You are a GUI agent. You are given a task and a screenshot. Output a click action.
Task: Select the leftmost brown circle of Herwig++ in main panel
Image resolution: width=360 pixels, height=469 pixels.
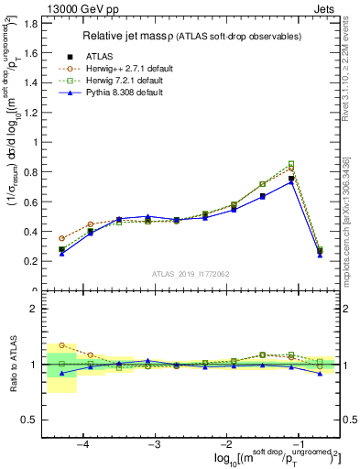click(x=61, y=238)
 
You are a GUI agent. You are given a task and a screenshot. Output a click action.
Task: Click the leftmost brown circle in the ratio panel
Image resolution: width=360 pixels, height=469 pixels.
click(x=61, y=346)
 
